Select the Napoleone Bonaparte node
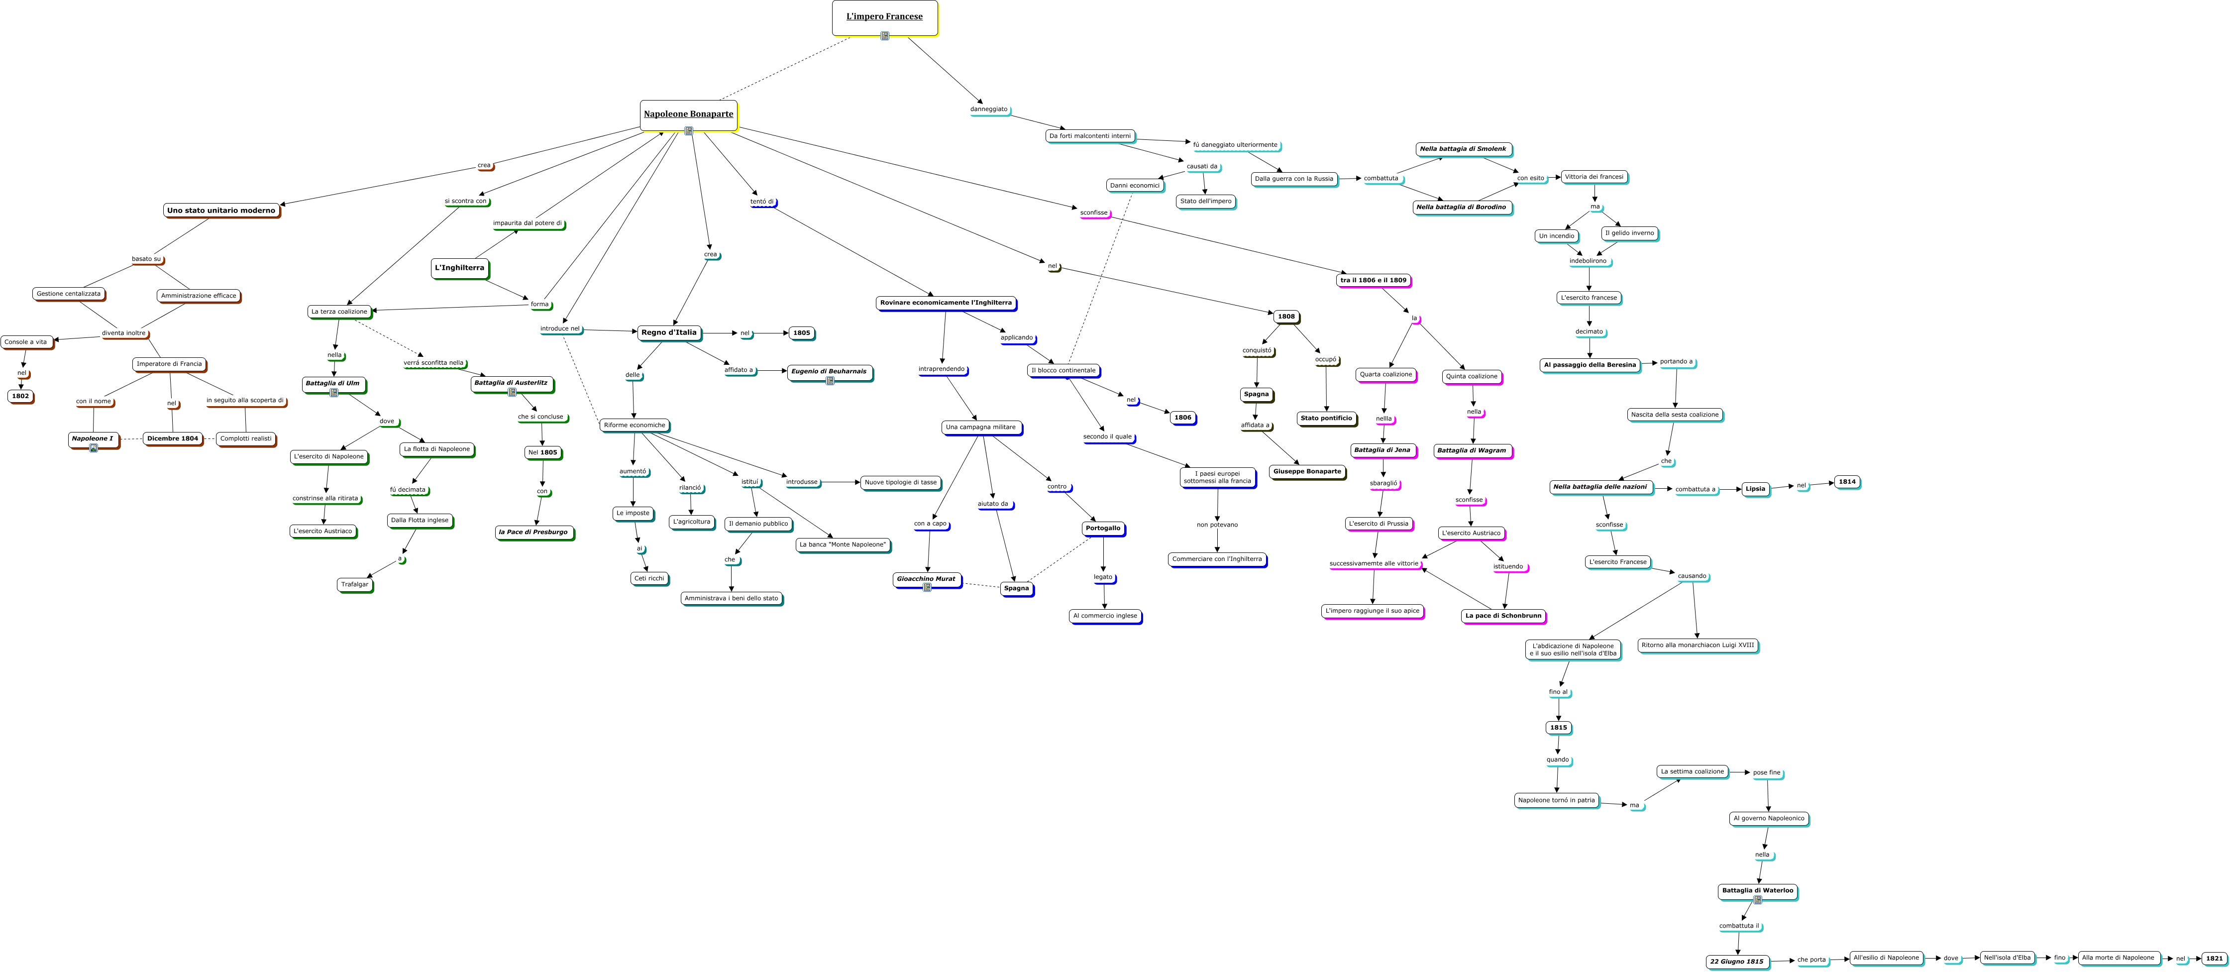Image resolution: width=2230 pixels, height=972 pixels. (x=688, y=114)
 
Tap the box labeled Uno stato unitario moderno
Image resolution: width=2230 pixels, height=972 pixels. (x=221, y=211)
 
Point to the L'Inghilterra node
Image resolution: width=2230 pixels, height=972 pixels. (x=460, y=268)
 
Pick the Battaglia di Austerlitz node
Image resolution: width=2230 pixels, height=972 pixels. (x=511, y=383)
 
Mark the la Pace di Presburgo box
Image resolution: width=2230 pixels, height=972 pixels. (x=533, y=533)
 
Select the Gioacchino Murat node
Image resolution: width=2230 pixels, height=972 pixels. (x=926, y=579)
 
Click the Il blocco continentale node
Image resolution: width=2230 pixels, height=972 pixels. (x=1063, y=370)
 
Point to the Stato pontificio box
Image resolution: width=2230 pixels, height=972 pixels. (x=1325, y=418)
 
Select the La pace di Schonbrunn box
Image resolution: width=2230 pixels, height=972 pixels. (x=1503, y=616)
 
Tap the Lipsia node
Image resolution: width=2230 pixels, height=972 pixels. (x=1755, y=489)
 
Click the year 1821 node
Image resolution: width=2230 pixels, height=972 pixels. (x=2214, y=958)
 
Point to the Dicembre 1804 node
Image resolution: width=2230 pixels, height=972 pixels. (x=172, y=439)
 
